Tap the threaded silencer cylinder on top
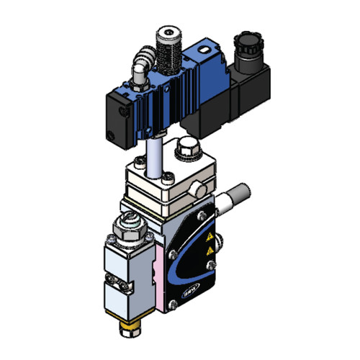[168, 48]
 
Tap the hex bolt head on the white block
[185, 148]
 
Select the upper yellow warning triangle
[209, 235]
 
